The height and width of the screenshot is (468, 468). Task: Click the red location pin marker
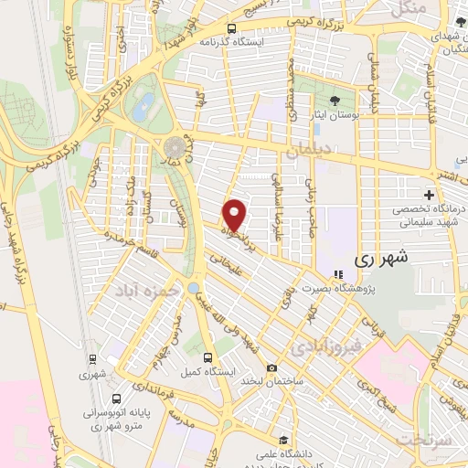coord(235,215)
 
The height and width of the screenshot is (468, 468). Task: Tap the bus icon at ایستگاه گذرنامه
coord(232,28)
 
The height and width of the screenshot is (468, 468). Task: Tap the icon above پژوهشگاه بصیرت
coord(337,273)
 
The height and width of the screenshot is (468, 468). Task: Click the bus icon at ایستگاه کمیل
coord(207,357)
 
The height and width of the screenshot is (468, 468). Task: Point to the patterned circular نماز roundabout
coord(174,147)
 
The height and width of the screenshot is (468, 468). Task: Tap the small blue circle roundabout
coord(194,288)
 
